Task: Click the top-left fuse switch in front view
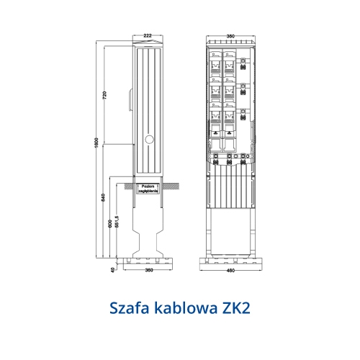pos(217,63)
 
